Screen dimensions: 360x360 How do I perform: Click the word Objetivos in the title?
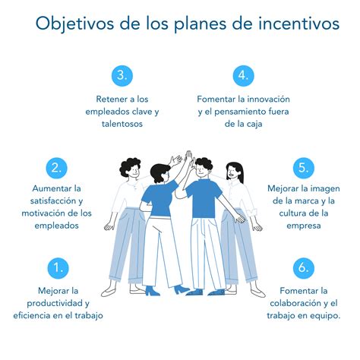coord(72,24)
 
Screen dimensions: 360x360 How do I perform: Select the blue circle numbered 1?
coord(58,267)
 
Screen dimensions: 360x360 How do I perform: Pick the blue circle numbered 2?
coord(58,168)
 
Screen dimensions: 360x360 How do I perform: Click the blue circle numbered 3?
coord(122,76)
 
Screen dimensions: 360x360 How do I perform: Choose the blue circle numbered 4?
coord(241,76)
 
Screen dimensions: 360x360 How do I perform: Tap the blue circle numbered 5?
coord(302,168)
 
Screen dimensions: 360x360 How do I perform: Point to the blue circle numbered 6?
coord(302,267)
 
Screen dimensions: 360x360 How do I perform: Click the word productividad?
coord(47,303)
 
